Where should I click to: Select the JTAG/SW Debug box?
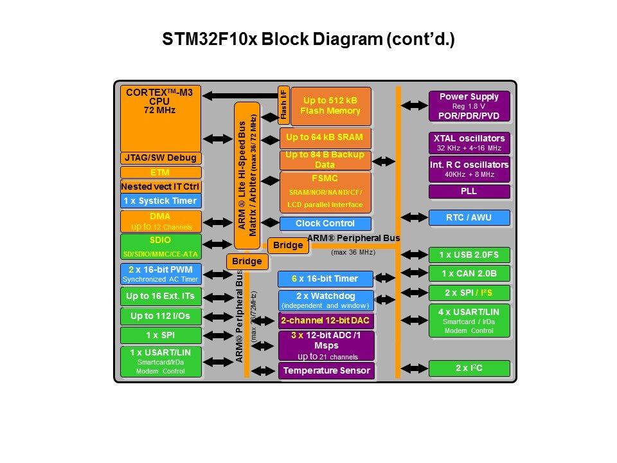tap(161, 158)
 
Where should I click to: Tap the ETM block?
tap(161, 172)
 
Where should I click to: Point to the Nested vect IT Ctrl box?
tap(161, 186)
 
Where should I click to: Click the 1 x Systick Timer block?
tap(161, 201)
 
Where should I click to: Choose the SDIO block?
tap(161, 246)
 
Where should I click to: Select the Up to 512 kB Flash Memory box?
tap(330, 106)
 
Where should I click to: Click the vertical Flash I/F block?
tap(283, 104)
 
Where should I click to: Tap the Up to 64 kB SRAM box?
tap(325, 138)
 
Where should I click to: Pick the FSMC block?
tap(325, 192)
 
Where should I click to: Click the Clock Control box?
tap(325, 224)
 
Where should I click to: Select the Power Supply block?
tap(469, 106)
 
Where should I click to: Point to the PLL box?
tap(469, 191)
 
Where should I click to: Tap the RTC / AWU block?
tap(469, 217)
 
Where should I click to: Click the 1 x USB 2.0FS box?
tap(469, 255)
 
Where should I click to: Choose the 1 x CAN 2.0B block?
tap(469, 273)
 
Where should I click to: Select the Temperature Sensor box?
tap(326, 370)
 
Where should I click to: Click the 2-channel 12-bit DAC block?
tap(326, 320)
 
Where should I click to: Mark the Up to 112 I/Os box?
tap(161, 316)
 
